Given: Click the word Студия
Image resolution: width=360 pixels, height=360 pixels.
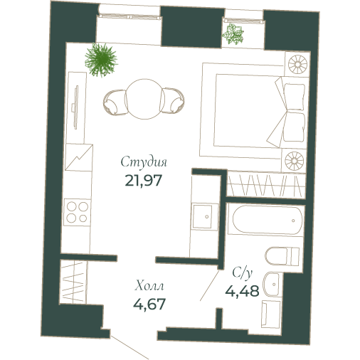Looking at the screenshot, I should point(144,162).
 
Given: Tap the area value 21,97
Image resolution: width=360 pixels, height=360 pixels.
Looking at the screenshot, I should point(144,179).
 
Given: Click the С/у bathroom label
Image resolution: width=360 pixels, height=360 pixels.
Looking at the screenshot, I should point(242,272).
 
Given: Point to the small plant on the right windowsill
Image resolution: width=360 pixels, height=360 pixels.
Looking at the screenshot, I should point(233,34).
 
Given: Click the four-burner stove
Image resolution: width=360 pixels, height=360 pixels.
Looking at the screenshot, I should point(77,211).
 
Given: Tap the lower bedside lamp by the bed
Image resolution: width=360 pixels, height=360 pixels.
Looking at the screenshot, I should point(295,159).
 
